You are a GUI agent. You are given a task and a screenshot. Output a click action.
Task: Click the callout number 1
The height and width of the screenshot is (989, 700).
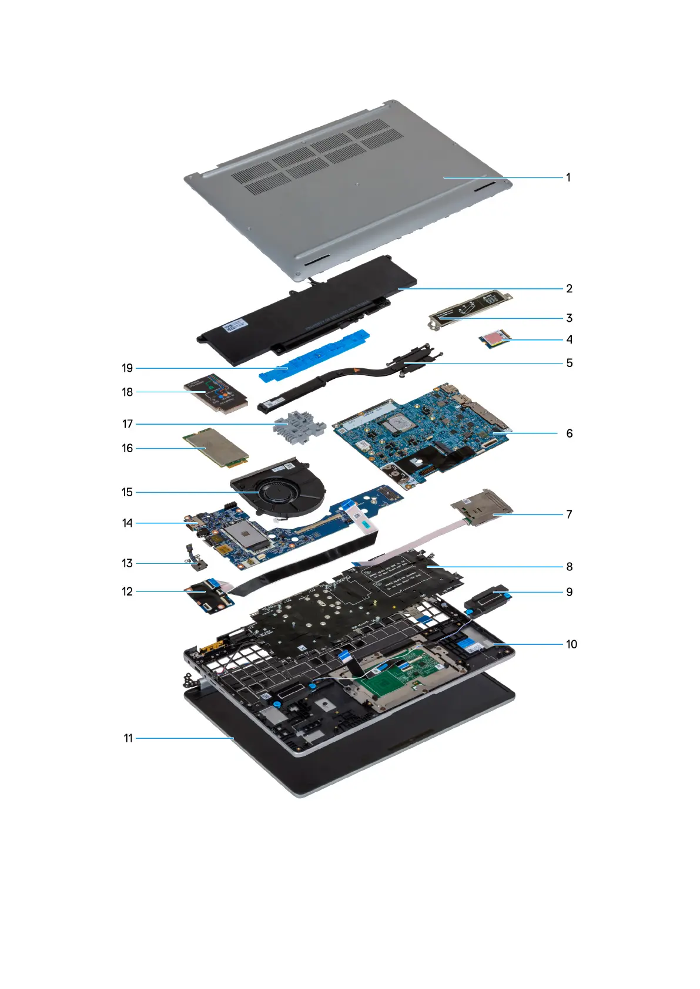click(x=568, y=177)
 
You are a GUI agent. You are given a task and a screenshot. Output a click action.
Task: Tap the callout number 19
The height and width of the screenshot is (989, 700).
click(x=128, y=368)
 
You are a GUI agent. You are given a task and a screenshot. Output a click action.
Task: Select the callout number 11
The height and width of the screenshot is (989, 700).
click(x=128, y=738)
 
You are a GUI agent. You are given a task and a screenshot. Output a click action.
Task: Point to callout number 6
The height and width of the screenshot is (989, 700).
click(x=569, y=433)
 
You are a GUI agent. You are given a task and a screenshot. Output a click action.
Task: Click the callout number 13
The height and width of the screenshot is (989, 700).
click(x=128, y=563)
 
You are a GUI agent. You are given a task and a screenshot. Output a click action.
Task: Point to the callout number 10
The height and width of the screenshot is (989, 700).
click(x=571, y=644)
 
